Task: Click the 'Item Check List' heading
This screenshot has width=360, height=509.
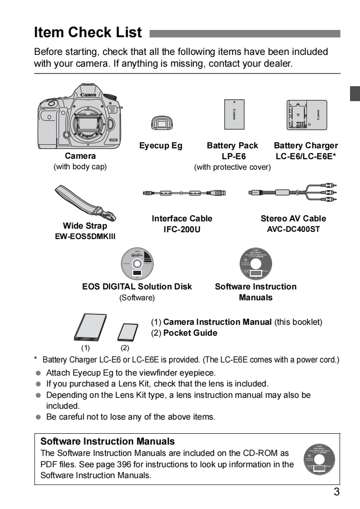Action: coord(88,33)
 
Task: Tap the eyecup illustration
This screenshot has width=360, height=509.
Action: coord(160,124)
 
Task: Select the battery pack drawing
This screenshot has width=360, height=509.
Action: coord(234,114)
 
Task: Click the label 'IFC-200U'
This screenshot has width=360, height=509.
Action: coord(182,230)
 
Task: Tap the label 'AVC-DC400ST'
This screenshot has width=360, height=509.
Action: coord(293,229)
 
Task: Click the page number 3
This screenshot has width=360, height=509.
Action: coord(336,492)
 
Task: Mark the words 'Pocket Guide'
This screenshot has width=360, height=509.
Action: coord(190,333)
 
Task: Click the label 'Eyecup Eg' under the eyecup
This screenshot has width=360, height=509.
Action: coord(161,146)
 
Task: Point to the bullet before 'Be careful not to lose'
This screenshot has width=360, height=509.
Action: coord(38,417)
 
